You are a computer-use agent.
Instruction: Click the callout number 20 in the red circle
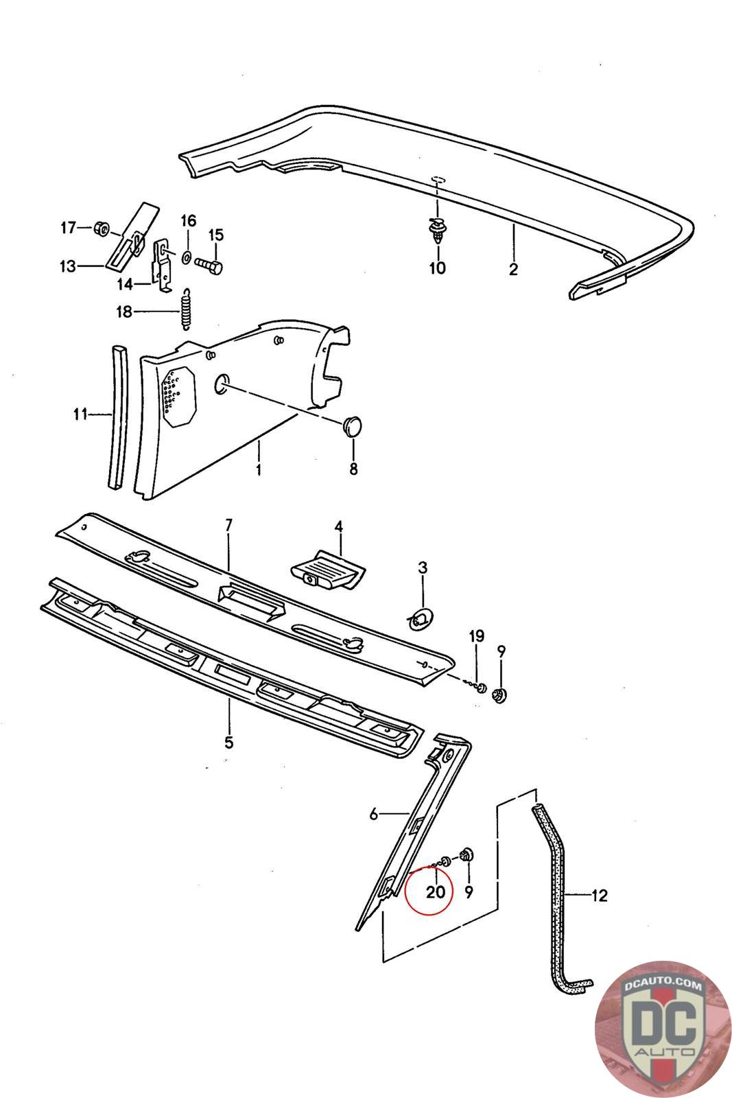tap(436, 892)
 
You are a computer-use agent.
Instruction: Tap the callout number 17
tap(68, 228)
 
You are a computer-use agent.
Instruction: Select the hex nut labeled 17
tap(100, 228)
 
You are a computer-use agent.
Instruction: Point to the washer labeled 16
tap(187, 258)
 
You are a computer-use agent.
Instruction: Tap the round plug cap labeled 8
tap(353, 425)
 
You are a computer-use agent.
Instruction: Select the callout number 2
tap(513, 269)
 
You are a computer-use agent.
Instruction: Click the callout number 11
tap(80, 414)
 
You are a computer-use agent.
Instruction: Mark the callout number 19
tap(476, 636)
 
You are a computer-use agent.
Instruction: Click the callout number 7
tap(229, 525)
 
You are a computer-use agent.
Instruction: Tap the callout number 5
tap(229, 742)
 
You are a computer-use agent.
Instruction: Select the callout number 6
tap(374, 815)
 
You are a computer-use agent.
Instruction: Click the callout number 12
tap(600, 896)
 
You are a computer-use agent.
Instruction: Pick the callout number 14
tap(124, 283)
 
